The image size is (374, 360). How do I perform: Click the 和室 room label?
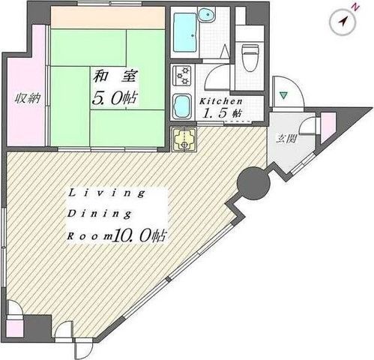pyautogui.click(x=115, y=76)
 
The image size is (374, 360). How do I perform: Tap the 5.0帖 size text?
pyautogui.click(x=115, y=98)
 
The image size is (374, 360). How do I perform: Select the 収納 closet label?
pyautogui.click(x=27, y=98)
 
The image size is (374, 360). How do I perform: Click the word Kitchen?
pyautogui.click(x=221, y=101)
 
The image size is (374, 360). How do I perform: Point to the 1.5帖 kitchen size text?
pyautogui.click(x=223, y=113)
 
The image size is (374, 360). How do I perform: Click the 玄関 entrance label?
pyautogui.click(x=286, y=138)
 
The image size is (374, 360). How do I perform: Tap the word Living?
pyautogui.click(x=106, y=193)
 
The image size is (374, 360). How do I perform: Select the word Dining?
pyautogui.click(x=100, y=214)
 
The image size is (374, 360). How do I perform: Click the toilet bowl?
pyautogui.click(x=250, y=58)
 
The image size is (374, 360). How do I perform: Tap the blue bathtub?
pyautogui.click(x=185, y=32)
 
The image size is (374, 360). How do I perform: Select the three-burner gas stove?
pyautogui.click(x=182, y=75)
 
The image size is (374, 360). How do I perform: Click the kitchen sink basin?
pyautogui.click(x=182, y=106)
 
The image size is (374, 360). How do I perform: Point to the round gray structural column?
pyautogui.click(x=253, y=183)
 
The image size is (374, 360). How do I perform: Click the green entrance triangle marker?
pyautogui.click(x=284, y=95)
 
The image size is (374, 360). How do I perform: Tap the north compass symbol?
pyautogui.click(x=343, y=22)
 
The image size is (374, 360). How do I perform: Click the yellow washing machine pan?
pyautogui.click(x=184, y=139)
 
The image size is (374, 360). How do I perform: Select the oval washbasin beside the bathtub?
pyautogui.click(x=207, y=14)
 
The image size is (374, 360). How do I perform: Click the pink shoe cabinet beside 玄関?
pyautogui.click(x=328, y=127)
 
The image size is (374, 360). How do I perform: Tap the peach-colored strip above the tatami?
pyautogui.click(x=108, y=18)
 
